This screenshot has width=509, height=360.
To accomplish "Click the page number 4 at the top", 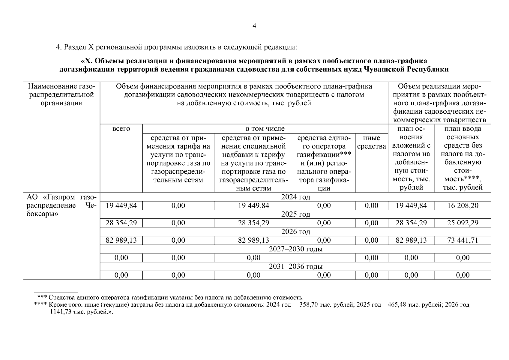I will coord(254,26).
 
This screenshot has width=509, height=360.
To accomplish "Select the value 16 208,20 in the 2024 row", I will coord(463,205).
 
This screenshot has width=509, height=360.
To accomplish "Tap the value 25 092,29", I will coord(463,223).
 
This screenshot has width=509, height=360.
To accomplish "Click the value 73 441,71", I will coord(463,240).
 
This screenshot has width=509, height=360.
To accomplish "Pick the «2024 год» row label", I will coord(295,197).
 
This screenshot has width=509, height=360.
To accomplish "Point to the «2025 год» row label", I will coord(295,214).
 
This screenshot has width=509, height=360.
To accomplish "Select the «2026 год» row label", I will coord(295,232).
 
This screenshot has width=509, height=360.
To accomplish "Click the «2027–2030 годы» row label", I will coord(295,249).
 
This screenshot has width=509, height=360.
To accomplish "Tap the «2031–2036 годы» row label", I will coord(295,266).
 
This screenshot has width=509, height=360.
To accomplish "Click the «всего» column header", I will coord(121,129).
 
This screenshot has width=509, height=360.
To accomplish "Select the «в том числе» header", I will coord(265,129).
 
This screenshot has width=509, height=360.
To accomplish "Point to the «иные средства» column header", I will coord(371,142).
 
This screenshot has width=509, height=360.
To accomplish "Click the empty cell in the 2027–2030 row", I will coord(324,258).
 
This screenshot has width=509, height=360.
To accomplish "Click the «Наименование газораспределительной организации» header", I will coord(61,95).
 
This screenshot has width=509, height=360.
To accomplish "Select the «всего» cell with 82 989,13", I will coord(121,240).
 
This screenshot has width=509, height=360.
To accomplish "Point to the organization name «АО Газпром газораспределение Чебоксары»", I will coord(61,206).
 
